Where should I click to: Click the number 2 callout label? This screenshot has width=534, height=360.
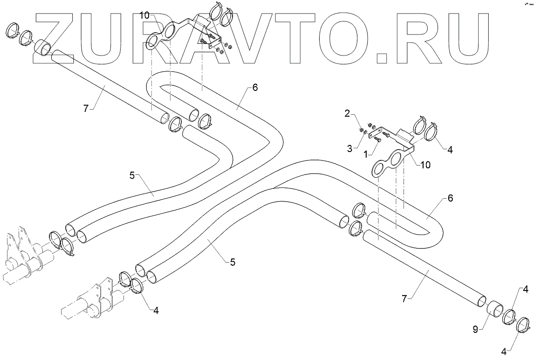tap(347, 113)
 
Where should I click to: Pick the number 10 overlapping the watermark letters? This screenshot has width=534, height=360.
tap(144, 16)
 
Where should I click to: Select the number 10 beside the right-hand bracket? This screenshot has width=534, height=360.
tap(425, 165)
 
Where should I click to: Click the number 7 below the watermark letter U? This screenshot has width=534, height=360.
tap(85, 108)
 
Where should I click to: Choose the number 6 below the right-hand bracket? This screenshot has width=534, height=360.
tap(450, 198)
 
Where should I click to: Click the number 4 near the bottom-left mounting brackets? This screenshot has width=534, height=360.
tap(156, 311)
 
